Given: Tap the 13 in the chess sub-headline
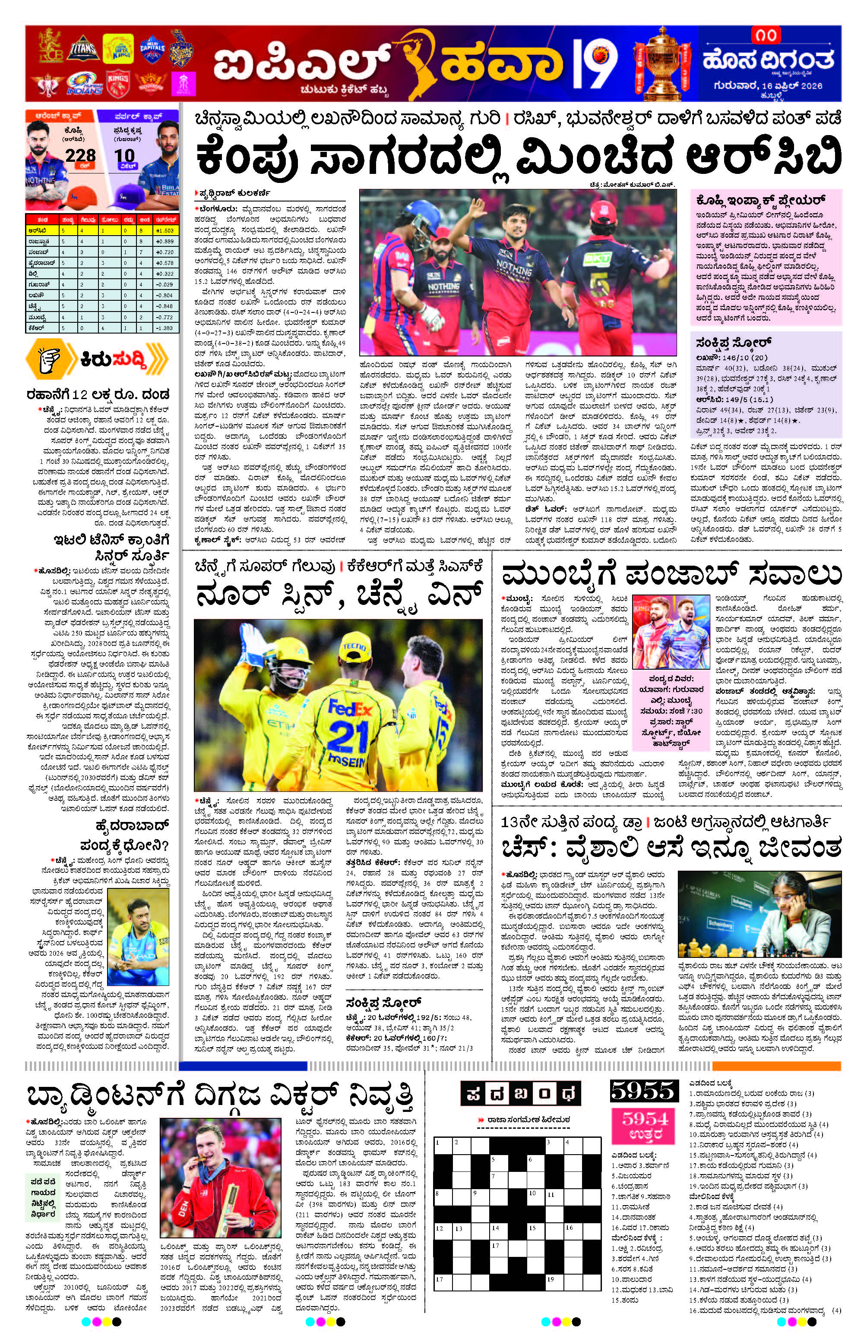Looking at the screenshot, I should (510, 822).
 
